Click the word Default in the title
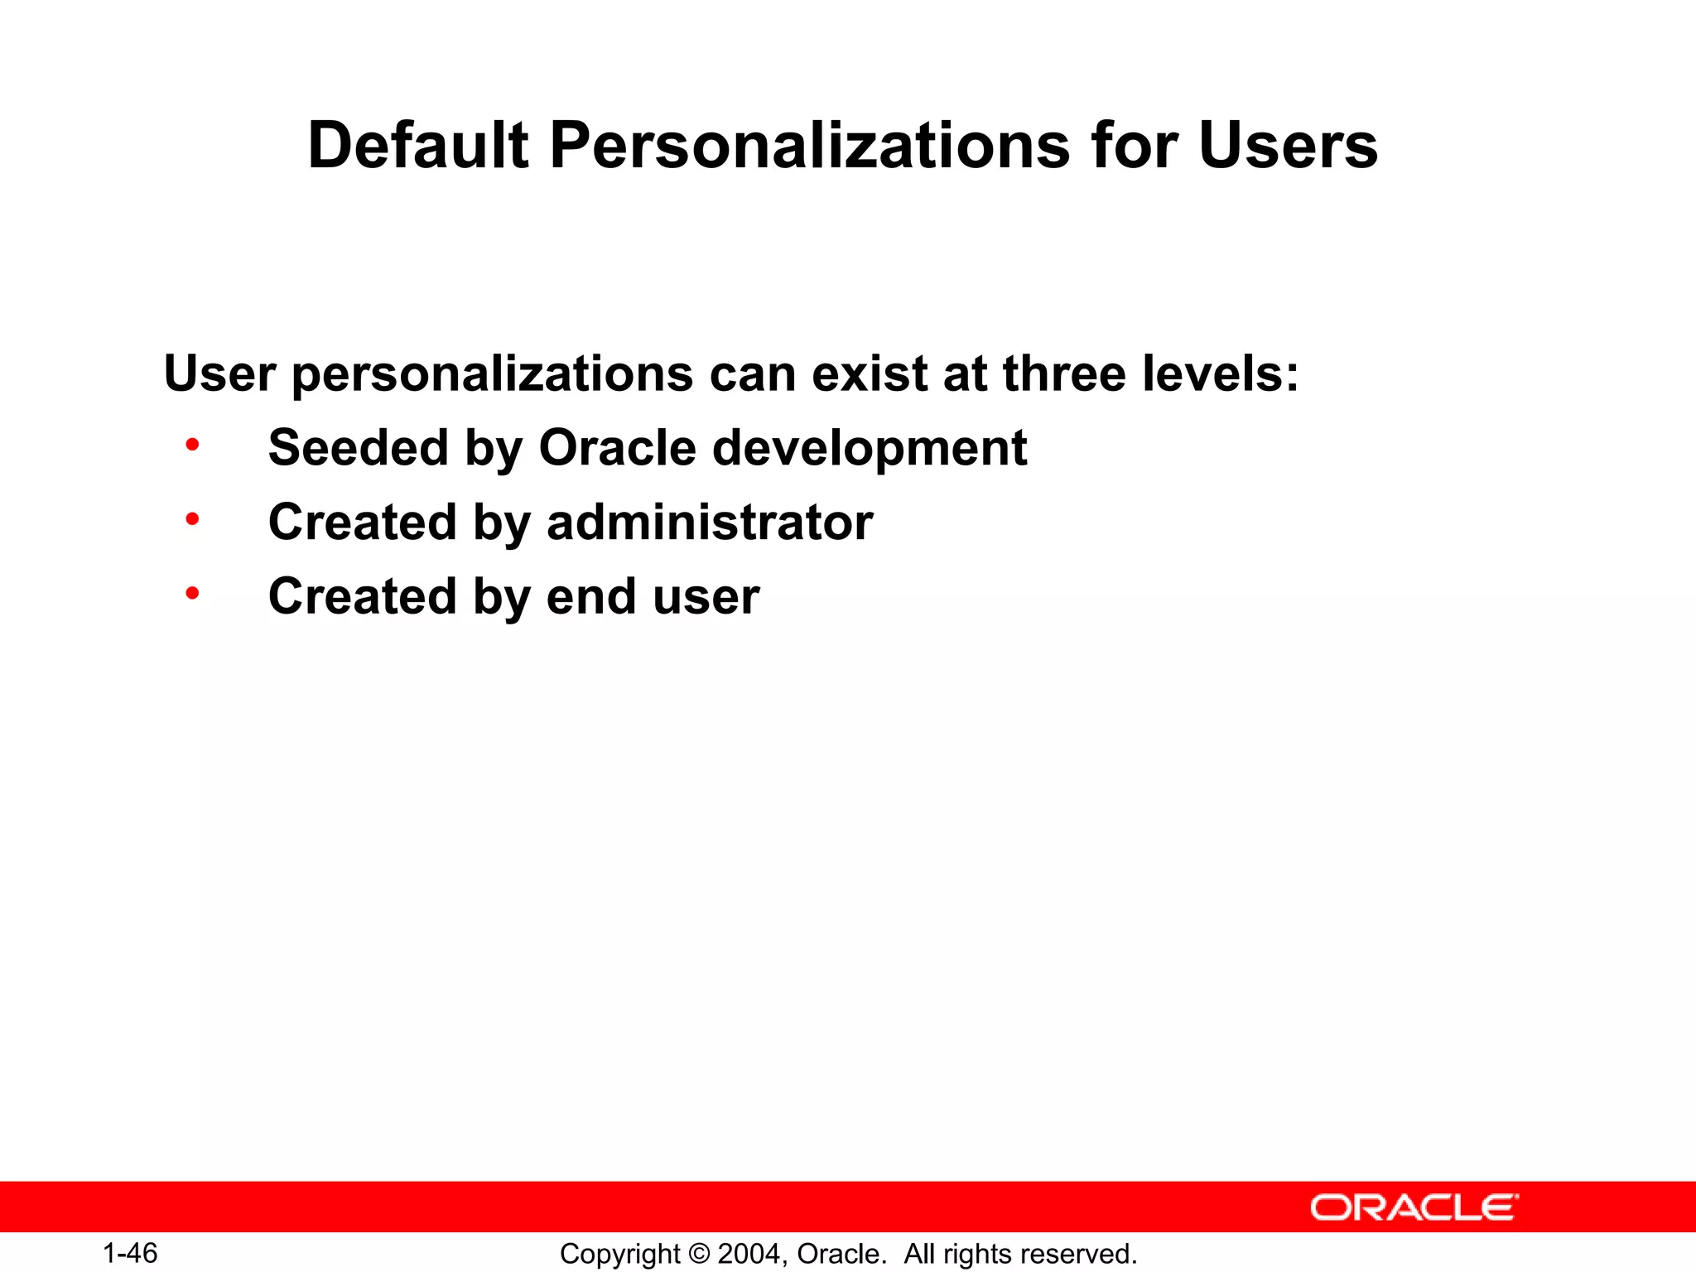(417, 146)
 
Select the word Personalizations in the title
(809, 146)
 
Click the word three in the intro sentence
(1064, 373)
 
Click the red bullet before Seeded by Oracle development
(192, 446)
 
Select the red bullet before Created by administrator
(192, 520)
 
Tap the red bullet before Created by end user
(192, 594)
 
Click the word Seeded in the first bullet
(358, 448)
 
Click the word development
(870, 448)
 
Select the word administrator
(710, 523)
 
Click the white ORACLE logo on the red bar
(1414, 1207)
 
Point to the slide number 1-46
(130, 1253)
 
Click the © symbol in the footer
(699, 1254)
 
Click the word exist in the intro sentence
(870, 373)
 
